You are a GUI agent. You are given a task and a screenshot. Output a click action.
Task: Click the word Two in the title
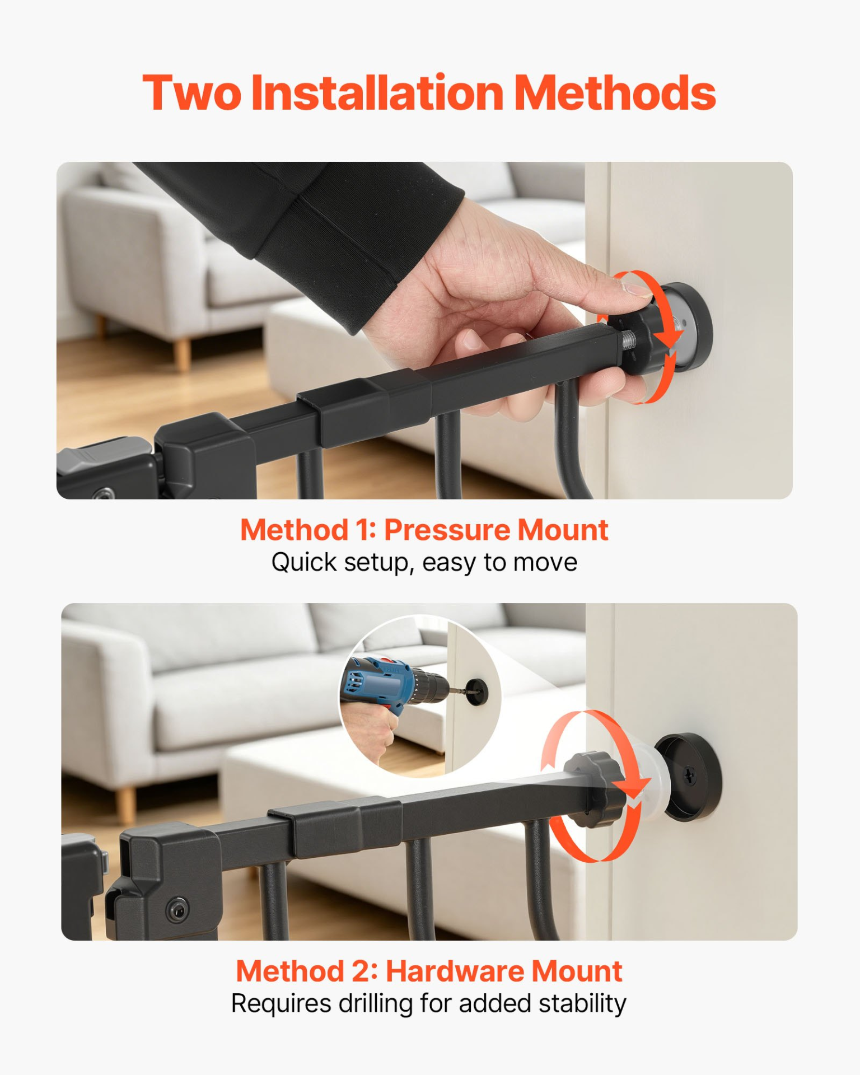coord(191,93)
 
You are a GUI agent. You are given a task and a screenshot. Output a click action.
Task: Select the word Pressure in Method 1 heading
coord(446,530)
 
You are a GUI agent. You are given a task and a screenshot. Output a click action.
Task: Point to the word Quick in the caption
coord(304,563)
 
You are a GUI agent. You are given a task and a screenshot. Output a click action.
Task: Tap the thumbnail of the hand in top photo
coord(637,289)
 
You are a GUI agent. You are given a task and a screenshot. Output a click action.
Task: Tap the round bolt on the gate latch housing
coord(177,909)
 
